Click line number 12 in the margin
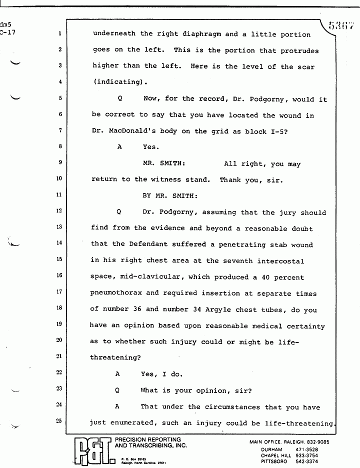click(x=59, y=212)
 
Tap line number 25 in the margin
click(x=59, y=421)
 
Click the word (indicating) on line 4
click(x=118, y=82)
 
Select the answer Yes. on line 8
click(x=150, y=147)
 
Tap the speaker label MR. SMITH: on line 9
click(x=164, y=163)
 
